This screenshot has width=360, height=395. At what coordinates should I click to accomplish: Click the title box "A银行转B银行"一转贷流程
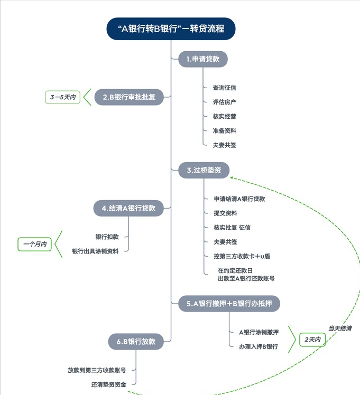coord(171,29)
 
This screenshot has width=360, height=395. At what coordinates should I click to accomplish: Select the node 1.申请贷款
coord(203,59)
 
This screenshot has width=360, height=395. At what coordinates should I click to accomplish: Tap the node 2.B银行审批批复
coord(129,97)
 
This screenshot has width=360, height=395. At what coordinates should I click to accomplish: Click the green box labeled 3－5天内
coord(62,97)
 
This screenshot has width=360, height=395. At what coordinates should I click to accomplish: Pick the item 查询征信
coord(224,88)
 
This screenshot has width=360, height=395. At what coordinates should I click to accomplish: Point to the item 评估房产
coord(224,101)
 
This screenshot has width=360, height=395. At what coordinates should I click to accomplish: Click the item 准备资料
coord(224,130)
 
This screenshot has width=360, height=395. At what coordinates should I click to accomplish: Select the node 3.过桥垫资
coord(204,170)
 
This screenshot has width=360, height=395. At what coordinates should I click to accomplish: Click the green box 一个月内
coord(34,244)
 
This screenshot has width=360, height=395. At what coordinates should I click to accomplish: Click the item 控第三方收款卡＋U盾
coord(242,256)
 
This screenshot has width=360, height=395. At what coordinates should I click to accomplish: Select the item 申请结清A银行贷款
coord(239,199)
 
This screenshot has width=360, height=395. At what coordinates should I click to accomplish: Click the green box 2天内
coord(312,340)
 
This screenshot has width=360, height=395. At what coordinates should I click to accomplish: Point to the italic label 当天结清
coord(339,328)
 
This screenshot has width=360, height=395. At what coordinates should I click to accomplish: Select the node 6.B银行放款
coord(136,341)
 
